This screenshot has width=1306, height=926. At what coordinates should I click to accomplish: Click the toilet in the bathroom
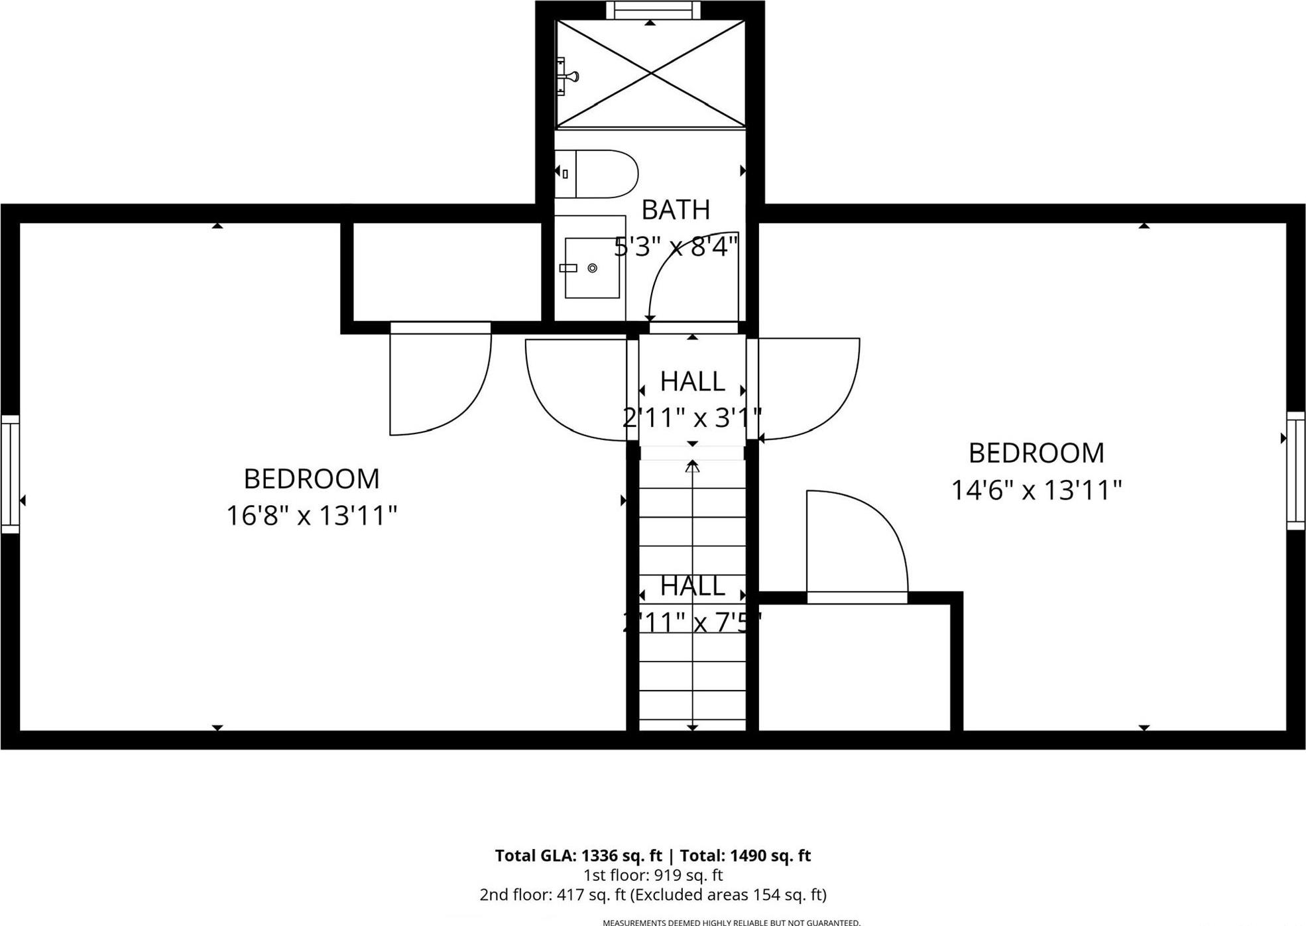[597, 174]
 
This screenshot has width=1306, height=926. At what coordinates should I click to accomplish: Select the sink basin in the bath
[592, 268]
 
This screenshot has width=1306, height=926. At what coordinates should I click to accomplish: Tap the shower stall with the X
[650, 74]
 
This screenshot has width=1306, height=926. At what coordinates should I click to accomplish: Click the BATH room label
[676, 210]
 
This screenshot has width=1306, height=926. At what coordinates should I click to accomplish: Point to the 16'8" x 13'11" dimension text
[312, 516]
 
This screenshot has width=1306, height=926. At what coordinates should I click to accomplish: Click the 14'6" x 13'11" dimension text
[1036, 491]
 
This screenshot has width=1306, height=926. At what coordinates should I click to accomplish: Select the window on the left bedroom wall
[10, 473]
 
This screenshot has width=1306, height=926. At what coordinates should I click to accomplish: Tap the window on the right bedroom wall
[1295, 470]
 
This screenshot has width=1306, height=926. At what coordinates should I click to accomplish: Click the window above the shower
[653, 10]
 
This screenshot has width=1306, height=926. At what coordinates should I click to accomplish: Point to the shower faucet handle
[567, 76]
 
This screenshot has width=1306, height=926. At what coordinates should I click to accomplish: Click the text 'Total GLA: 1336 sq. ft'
[578, 856]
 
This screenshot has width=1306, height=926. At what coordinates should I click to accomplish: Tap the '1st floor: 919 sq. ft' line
[652, 875]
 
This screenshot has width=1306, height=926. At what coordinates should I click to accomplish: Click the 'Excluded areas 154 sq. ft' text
[727, 895]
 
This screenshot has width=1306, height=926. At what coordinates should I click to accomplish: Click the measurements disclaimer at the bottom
[731, 922]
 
